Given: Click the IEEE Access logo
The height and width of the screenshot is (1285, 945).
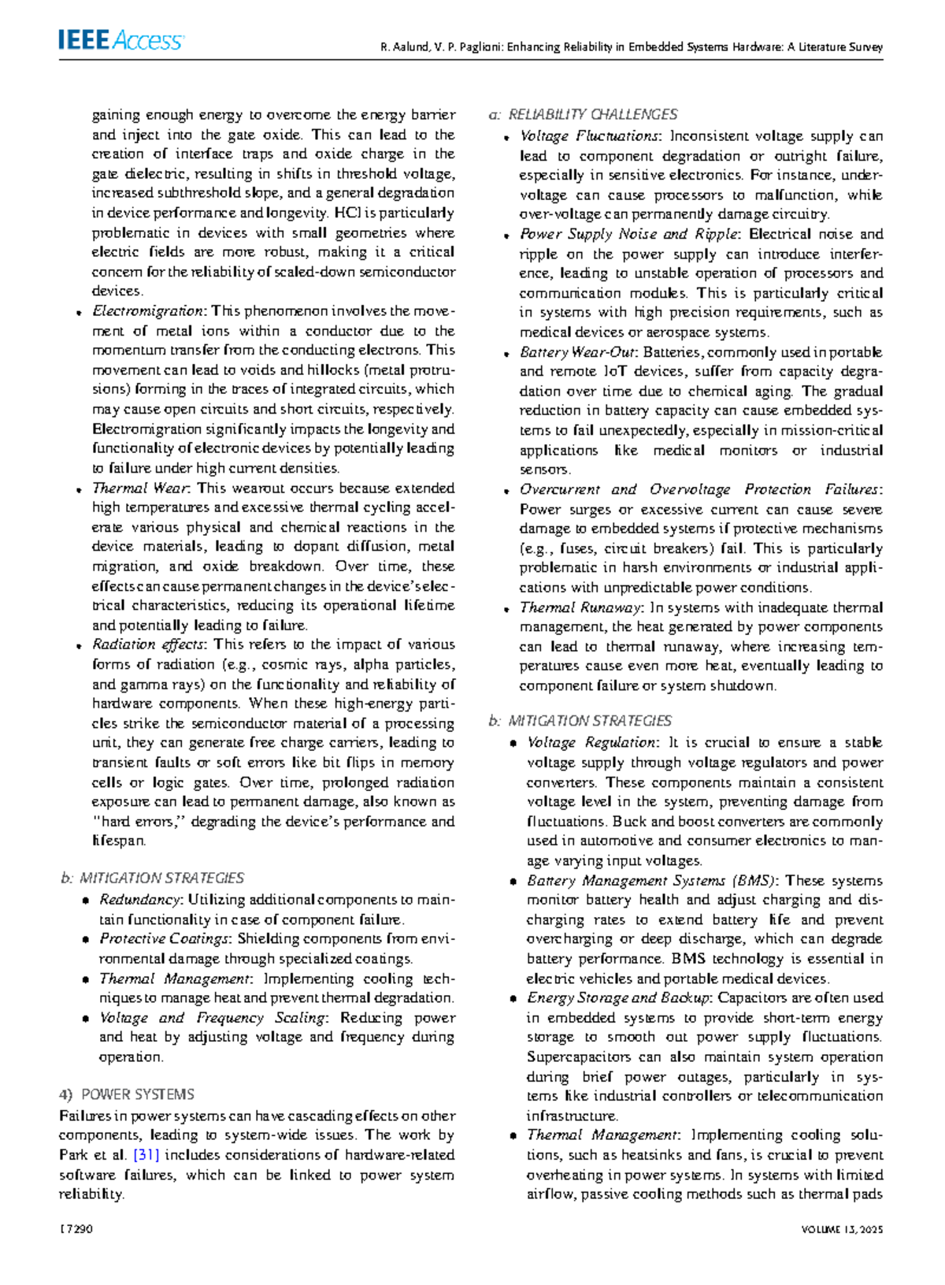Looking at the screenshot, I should [120, 40].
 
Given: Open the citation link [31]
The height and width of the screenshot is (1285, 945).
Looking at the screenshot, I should [146, 1155].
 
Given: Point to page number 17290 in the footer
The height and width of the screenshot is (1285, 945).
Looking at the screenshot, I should [76, 1229].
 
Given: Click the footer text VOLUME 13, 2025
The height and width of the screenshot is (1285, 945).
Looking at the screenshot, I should [842, 1229].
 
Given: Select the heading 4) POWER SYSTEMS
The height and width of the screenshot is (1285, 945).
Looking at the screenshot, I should [127, 1094].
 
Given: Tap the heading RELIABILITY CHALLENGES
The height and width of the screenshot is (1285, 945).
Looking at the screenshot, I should [592, 115].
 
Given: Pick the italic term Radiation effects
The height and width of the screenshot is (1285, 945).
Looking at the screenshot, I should [148, 644].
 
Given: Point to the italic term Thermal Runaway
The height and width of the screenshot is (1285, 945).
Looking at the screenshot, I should [580, 607].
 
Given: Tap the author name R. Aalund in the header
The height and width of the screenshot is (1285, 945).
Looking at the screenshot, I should [404, 47].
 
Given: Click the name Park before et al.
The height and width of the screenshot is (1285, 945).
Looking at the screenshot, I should [72, 1155].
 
